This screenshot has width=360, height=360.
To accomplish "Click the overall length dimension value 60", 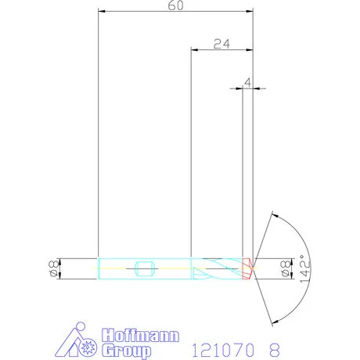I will [175, 6].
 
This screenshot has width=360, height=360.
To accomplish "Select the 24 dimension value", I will [221, 44].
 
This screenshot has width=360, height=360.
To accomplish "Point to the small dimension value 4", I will [247, 81].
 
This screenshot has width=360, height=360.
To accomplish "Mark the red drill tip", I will [249, 268].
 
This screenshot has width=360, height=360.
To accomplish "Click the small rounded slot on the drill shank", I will [142, 268].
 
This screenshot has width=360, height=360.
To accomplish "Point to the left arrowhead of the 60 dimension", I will [102, 12].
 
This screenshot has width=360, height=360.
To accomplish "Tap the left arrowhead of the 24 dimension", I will [196, 49].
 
